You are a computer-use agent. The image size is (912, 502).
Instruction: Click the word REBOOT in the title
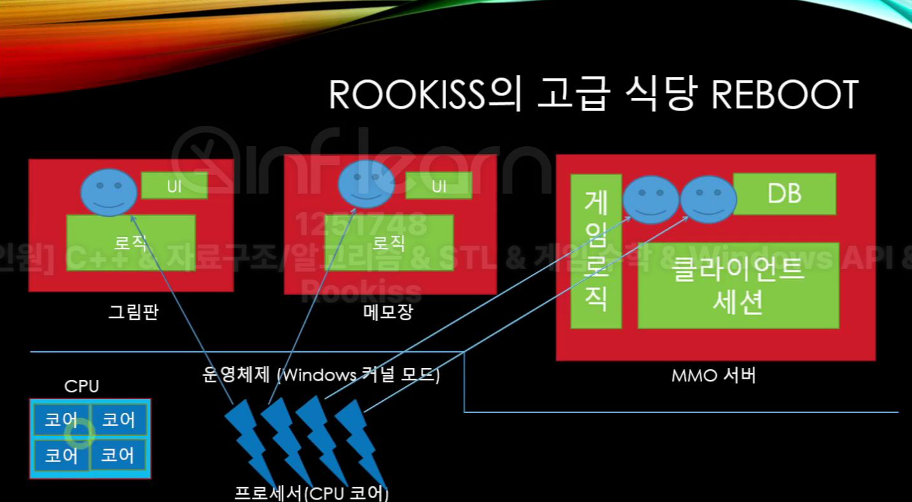click(x=785, y=95)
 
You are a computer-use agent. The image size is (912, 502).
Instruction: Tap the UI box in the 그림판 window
click(x=174, y=186)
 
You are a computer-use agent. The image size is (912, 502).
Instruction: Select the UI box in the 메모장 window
click(x=439, y=186)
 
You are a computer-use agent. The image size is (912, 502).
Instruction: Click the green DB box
click(x=784, y=193)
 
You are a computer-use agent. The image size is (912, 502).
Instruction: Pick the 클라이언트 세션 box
click(x=738, y=285)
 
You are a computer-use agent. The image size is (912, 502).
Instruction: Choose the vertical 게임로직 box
click(x=596, y=251)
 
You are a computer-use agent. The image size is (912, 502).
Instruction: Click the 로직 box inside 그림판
click(x=131, y=243)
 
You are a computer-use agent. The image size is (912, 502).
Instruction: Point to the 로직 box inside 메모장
click(x=389, y=243)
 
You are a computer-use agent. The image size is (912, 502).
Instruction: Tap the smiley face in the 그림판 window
click(x=109, y=192)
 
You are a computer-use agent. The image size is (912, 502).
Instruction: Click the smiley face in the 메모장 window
click(x=366, y=184)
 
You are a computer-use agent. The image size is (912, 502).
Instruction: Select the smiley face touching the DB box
click(x=708, y=200)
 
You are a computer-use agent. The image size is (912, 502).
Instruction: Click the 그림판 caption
click(x=133, y=312)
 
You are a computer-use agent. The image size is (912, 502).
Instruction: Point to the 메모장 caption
click(x=388, y=312)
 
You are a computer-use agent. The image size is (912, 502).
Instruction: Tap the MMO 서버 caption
click(x=713, y=376)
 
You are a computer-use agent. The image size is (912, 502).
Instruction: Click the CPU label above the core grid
click(x=82, y=386)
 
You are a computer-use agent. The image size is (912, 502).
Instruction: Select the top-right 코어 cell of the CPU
click(x=119, y=419)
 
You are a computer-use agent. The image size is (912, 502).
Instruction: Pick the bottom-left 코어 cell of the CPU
click(x=62, y=456)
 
